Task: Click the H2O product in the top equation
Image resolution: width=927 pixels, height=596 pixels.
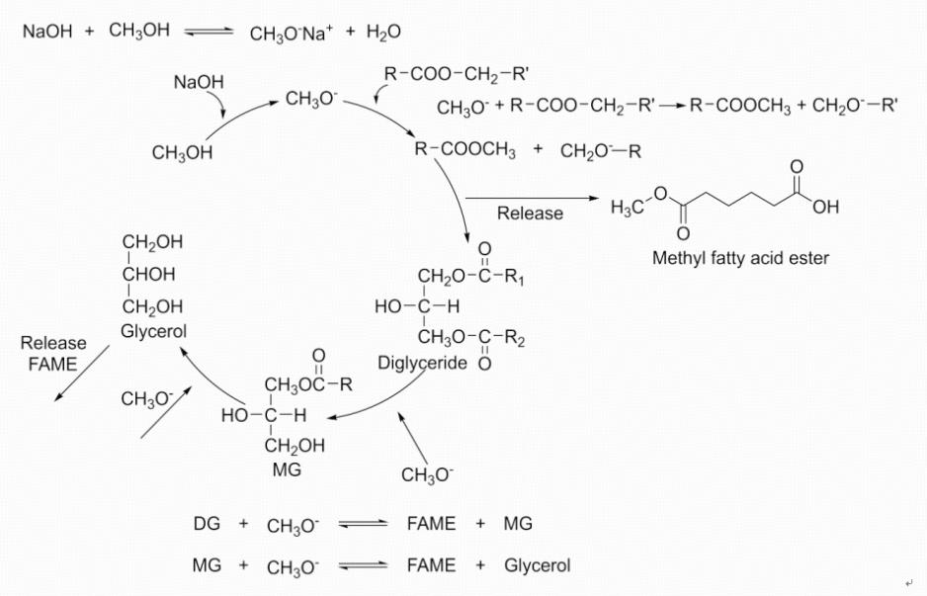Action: click(382, 33)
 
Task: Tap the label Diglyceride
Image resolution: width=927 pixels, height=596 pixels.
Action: click(422, 363)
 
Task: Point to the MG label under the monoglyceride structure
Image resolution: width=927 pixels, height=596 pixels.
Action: click(287, 469)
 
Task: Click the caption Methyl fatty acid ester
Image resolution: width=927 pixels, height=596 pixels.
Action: click(740, 259)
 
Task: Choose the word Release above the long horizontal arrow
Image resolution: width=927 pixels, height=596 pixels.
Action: click(530, 213)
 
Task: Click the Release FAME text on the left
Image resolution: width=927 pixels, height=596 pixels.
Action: click(53, 353)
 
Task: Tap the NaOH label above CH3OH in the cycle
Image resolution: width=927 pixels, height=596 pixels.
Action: click(199, 82)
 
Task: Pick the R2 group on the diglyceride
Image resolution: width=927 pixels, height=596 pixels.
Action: click(514, 341)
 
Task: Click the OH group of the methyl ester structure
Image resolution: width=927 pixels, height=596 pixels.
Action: click(825, 208)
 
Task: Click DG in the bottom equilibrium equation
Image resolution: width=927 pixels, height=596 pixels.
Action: click(207, 524)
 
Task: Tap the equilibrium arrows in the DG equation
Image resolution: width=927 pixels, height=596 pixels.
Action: click(362, 525)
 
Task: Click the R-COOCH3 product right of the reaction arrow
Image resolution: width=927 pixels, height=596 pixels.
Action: click(740, 106)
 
